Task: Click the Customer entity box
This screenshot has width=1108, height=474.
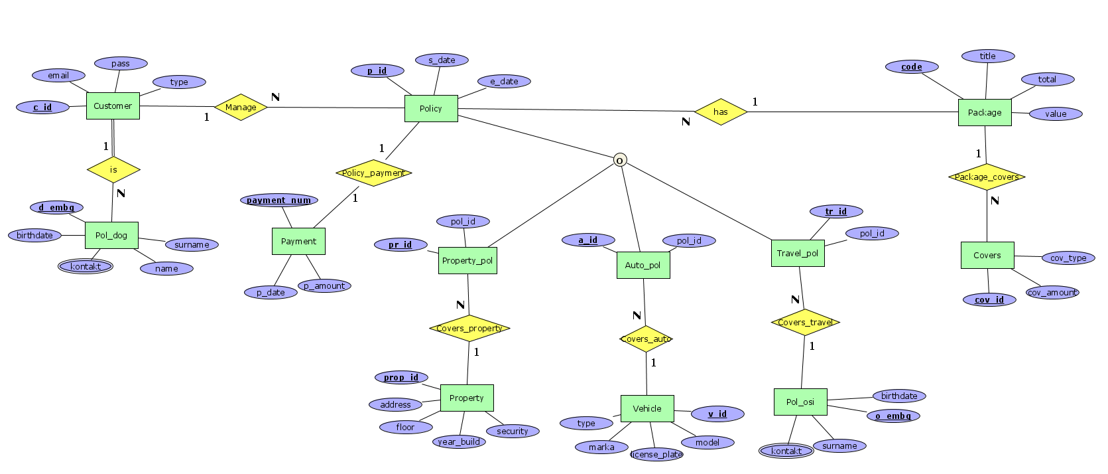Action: coord(113,106)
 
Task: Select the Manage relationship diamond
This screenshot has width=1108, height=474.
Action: coord(241,107)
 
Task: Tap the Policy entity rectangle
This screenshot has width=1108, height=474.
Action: coord(431,108)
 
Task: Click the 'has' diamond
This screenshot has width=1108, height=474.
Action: coord(721,112)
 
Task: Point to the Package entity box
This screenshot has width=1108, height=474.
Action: coord(985,113)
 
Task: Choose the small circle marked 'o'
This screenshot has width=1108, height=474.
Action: coord(619,160)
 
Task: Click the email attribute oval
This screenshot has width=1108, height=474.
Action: coord(58,76)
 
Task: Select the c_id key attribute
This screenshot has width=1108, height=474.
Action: coord(42,107)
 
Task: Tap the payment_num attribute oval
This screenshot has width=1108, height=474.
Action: coord(278,200)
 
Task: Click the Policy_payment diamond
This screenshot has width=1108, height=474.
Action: coord(373,173)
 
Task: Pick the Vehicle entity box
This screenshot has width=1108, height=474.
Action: coord(647,408)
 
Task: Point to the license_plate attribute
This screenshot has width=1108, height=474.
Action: coord(656,455)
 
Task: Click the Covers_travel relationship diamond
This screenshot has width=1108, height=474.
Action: coord(805,323)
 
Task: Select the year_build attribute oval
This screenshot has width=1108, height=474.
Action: coord(459,441)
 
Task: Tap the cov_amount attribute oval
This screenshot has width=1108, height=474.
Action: coord(1052,292)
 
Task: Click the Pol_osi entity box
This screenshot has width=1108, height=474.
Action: coord(800,402)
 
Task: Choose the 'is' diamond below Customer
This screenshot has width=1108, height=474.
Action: coord(113,170)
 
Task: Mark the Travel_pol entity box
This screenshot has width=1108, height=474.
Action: coord(798,253)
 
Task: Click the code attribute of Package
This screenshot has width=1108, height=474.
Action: coord(912,67)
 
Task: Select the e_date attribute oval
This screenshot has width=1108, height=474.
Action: coord(504,82)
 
